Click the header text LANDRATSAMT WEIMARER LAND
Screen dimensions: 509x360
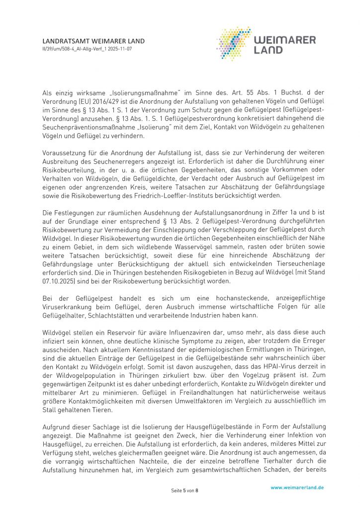click(x=93, y=41)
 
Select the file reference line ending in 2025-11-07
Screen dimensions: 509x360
click(x=87, y=49)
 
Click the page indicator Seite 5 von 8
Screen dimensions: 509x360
click(x=184, y=491)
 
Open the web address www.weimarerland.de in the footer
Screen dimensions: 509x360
click(x=297, y=488)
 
